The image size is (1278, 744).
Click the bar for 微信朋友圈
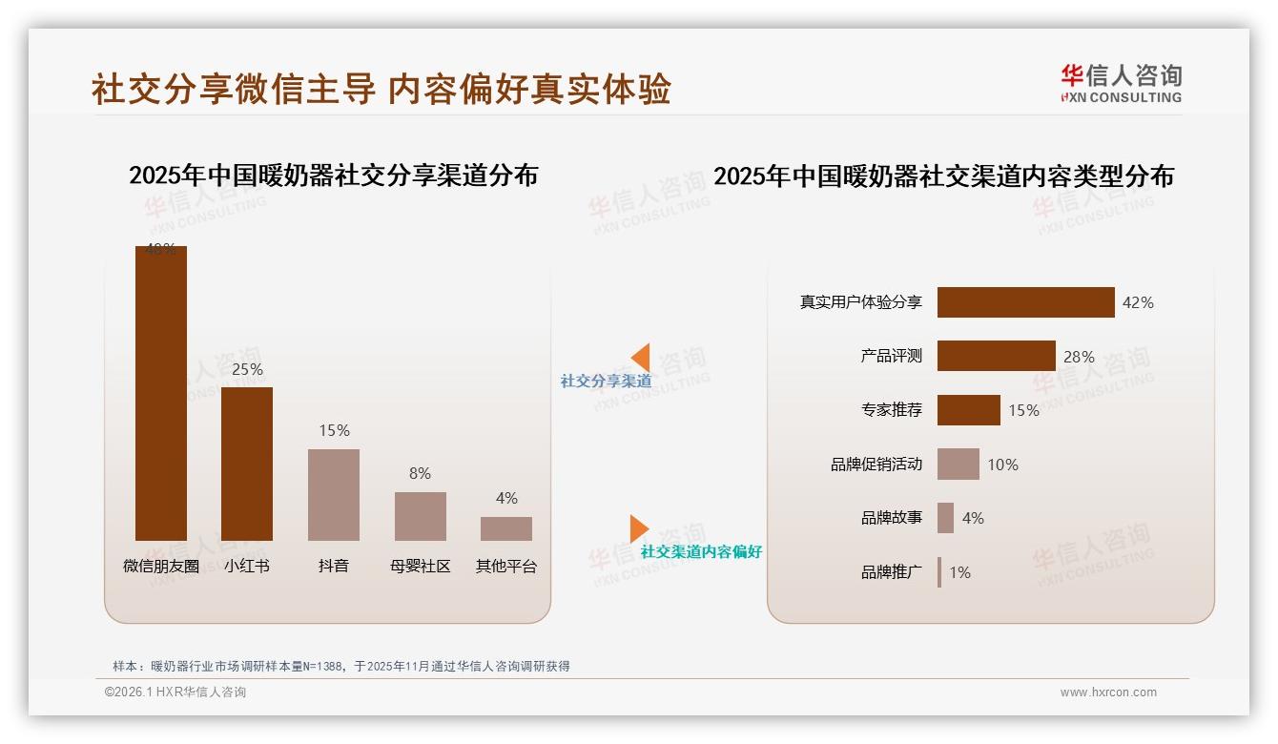click(x=160, y=393)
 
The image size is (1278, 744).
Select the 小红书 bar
click(x=247, y=464)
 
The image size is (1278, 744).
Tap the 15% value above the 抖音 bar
click(x=334, y=430)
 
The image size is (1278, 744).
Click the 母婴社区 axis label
click(x=420, y=566)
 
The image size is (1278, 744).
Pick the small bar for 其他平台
click(x=506, y=528)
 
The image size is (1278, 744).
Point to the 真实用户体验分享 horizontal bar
click(x=1025, y=302)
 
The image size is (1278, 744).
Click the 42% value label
click(x=1138, y=302)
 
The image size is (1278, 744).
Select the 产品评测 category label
click(x=891, y=356)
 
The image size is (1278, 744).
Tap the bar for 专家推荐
click(x=968, y=410)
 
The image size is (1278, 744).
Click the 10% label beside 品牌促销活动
click(x=1002, y=465)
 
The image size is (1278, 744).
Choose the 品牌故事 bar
click(x=945, y=518)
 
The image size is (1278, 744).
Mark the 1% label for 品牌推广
click(x=959, y=572)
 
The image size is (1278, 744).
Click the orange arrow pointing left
click(x=641, y=358)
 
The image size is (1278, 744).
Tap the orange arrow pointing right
click(x=638, y=528)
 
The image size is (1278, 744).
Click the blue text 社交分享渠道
click(x=606, y=382)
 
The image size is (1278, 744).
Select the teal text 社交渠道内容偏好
click(x=701, y=552)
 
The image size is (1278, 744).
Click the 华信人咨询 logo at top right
click(x=1121, y=84)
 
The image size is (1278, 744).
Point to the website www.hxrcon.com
click(x=1108, y=692)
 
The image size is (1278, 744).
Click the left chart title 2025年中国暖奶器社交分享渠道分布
click(x=333, y=176)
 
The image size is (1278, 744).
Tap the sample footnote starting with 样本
click(x=340, y=666)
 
